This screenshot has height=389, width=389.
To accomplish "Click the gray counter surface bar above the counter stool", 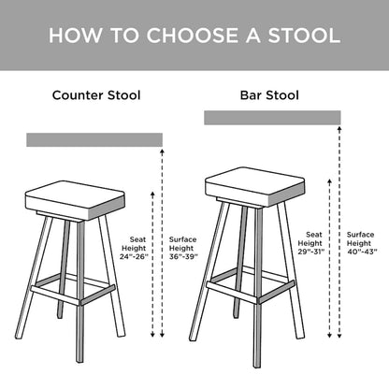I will coord(94,140).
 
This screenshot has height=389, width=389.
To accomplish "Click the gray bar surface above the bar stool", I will coord(271,118).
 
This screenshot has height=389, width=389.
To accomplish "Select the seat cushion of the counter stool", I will coord(75,198).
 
